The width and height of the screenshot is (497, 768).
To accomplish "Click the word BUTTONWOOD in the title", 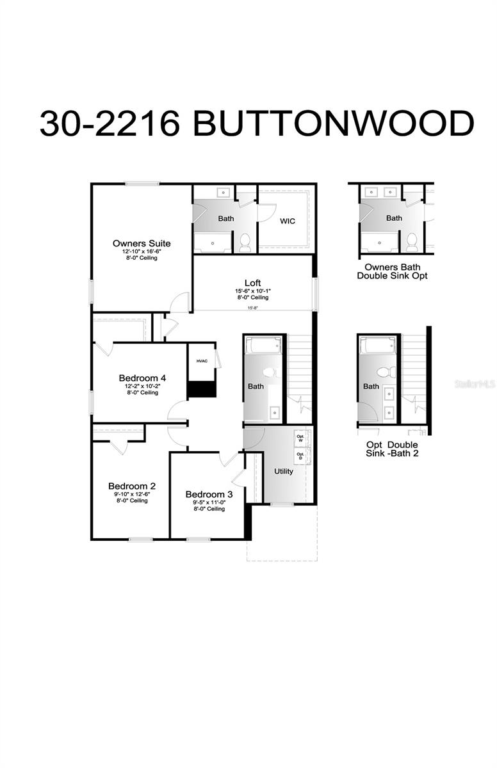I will pos(333,123).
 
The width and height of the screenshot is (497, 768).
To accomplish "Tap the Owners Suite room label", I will pos(142,243).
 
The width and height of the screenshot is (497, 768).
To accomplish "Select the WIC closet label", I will pos(288,221).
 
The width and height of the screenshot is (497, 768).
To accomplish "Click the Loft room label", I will pos(252,283).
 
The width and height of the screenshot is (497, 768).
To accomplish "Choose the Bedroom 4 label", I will pos(143,378).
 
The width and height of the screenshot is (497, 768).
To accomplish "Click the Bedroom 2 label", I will pos(132,486).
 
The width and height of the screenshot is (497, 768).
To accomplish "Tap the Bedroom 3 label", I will pos(209,494).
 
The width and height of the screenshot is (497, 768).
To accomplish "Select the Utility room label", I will pos(283,472).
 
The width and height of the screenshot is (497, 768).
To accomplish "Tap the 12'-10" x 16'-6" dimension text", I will pos(142,252).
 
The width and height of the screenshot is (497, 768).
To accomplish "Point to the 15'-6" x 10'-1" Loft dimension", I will pos(252,291).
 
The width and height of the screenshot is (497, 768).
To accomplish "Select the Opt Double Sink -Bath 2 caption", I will pos(393,449).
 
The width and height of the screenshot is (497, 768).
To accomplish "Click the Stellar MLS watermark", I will pos(475,384).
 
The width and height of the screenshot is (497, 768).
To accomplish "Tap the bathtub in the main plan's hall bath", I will pos(263,346).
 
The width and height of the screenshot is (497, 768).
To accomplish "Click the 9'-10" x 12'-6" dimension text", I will pos(132,494).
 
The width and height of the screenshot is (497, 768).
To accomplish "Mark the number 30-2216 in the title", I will pos(110,123).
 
